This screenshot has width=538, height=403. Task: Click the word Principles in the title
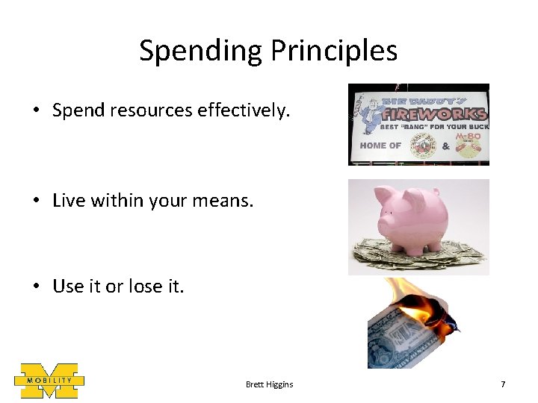tap(334, 51)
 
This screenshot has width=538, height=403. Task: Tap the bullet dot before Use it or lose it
tap(36, 287)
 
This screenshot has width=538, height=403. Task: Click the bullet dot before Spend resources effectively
tap(36, 111)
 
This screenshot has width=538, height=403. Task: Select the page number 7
tap(503, 384)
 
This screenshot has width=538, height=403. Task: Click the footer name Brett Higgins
tap(269, 384)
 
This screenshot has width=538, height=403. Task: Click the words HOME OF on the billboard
tap(380, 146)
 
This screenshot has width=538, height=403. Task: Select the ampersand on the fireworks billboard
tap(446, 146)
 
